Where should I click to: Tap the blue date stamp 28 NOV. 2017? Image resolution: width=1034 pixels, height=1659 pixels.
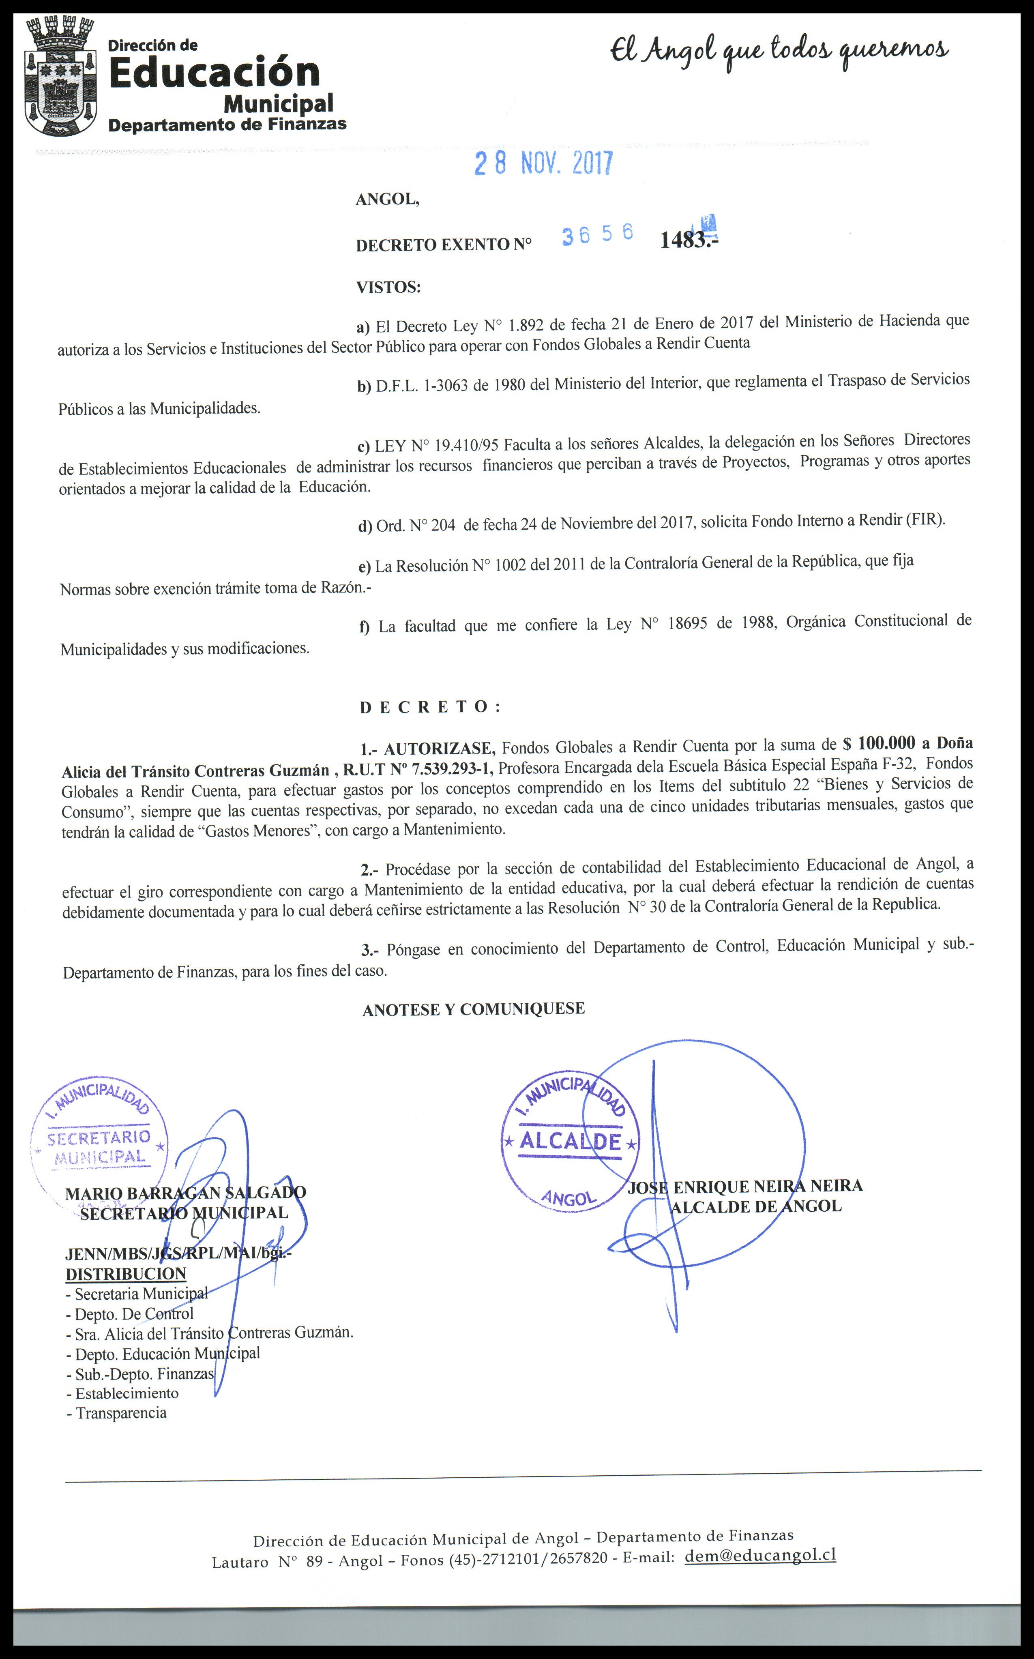[x=544, y=163]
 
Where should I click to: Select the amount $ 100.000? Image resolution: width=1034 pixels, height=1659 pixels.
[x=879, y=743]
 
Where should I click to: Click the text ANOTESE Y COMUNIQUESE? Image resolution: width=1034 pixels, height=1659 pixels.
[x=473, y=1009]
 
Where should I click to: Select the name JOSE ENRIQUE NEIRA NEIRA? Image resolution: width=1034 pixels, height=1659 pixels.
[x=745, y=1187]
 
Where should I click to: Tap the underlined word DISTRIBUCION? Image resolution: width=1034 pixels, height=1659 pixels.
[x=126, y=1274]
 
